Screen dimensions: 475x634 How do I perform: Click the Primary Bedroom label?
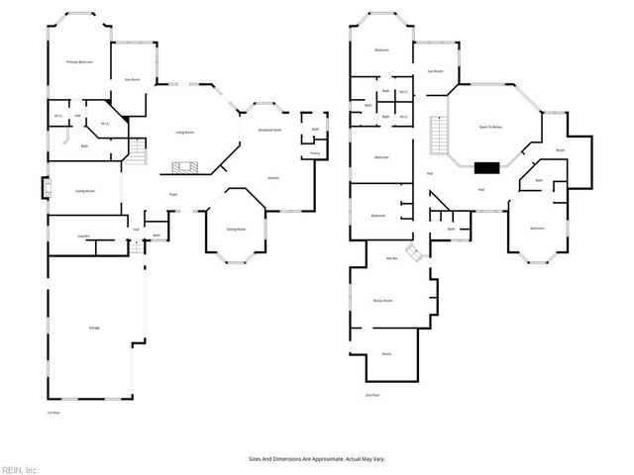coord(79,62)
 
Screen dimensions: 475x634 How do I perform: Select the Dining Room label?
coord(236,229)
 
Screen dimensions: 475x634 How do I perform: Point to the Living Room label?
coord(184,132)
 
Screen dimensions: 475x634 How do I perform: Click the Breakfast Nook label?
coord(270,130)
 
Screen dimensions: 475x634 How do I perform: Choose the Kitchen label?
coord(273,177)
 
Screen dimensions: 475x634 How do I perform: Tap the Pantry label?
coord(314,153)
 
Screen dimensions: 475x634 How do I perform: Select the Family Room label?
coord(85,190)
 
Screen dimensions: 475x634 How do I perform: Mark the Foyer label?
coord(173,195)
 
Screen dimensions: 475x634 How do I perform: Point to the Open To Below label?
coord(491,128)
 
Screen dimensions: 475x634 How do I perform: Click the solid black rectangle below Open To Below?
coord(486,167)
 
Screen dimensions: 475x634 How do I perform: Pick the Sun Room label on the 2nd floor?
coord(435,71)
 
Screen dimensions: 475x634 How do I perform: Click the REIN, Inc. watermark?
coord(20,469)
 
